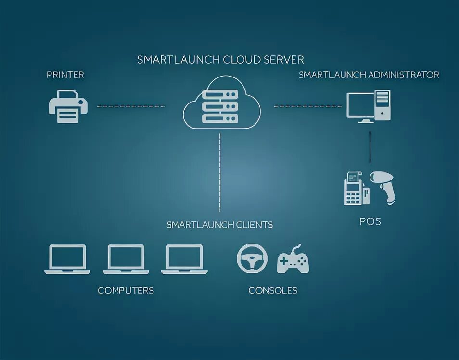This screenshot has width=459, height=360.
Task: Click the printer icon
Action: [68, 106]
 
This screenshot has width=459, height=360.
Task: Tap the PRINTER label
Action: [65, 75]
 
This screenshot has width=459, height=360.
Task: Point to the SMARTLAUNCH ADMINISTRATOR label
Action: [369, 75]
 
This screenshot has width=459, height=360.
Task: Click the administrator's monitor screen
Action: [359, 105]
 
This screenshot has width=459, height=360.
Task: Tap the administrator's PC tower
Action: [383, 104]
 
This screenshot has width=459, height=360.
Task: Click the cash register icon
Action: [355, 189]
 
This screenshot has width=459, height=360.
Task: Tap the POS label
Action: [370, 221]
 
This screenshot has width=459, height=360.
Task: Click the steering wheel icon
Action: [252, 258]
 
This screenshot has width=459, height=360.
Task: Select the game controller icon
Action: [293, 260]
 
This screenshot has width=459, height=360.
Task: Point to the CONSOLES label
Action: [273, 290]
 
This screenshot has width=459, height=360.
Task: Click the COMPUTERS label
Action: [126, 290]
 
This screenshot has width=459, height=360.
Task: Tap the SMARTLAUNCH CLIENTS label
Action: [219, 225]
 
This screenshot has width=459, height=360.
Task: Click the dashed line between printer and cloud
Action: [131, 106]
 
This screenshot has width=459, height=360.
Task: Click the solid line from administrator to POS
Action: [370, 146]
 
